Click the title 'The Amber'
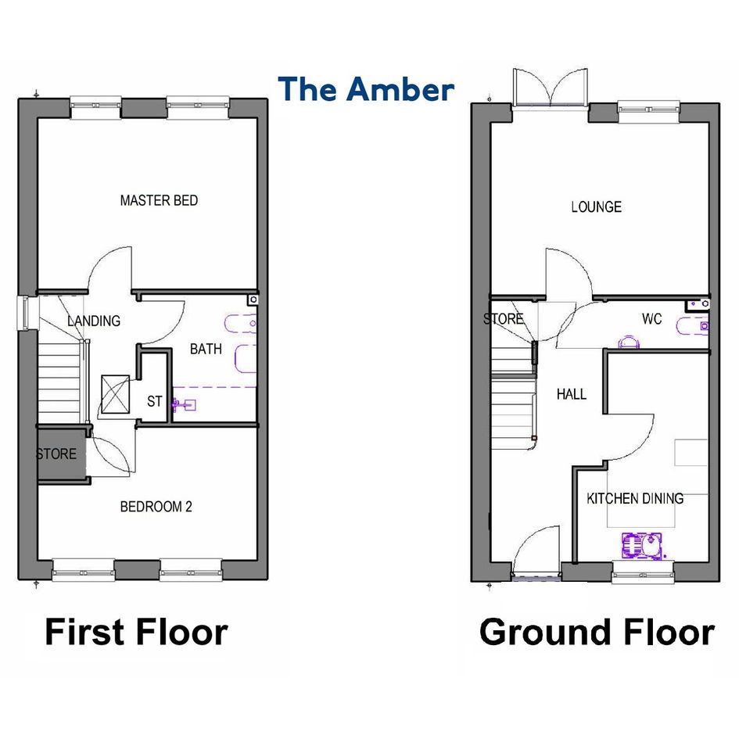click(366, 90)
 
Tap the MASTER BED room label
click(159, 201)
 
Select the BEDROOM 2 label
click(156, 507)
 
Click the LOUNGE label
click(596, 207)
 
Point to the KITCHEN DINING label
click(635, 498)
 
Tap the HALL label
click(571, 394)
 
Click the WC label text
click(652, 319)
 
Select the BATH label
click(206, 350)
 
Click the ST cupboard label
click(155, 401)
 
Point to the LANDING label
click(94, 321)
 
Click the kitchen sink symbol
click(642, 546)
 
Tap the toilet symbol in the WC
click(628, 342)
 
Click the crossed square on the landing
click(116, 394)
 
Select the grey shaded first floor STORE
click(62, 454)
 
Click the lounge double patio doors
click(551, 88)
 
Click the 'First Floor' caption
click(137, 633)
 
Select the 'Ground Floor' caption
click(597, 633)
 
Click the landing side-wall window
click(23, 314)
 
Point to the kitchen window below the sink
click(643, 572)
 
